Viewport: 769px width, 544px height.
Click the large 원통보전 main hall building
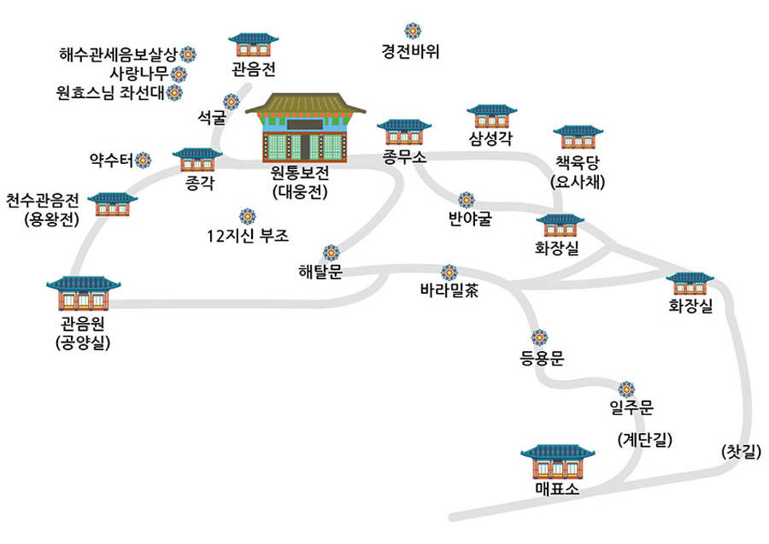click(x=306, y=127)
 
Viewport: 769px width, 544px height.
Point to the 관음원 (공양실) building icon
click(x=84, y=295)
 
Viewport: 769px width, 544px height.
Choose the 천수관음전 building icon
click(x=113, y=204)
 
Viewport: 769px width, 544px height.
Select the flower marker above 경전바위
click(x=414, y=31)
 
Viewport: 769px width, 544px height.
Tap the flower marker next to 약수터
click(x=143, y=159)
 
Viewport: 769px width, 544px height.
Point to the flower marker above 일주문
click(x=626, y=389)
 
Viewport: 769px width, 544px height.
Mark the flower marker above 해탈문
click(x=331, y=253)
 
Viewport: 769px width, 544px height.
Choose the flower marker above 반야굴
click(x=467, y=200)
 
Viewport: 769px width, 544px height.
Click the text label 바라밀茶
click(x=449, y=290)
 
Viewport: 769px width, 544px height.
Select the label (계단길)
click(x=644, y=440)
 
